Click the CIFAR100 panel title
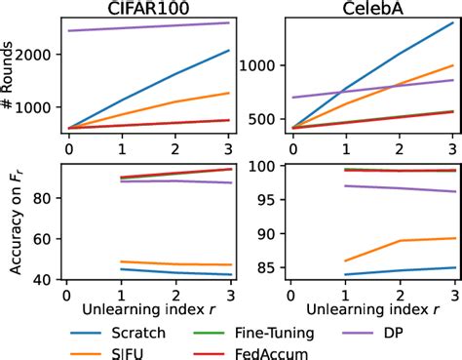click(149, 8)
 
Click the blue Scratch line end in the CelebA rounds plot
click(453, 22)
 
